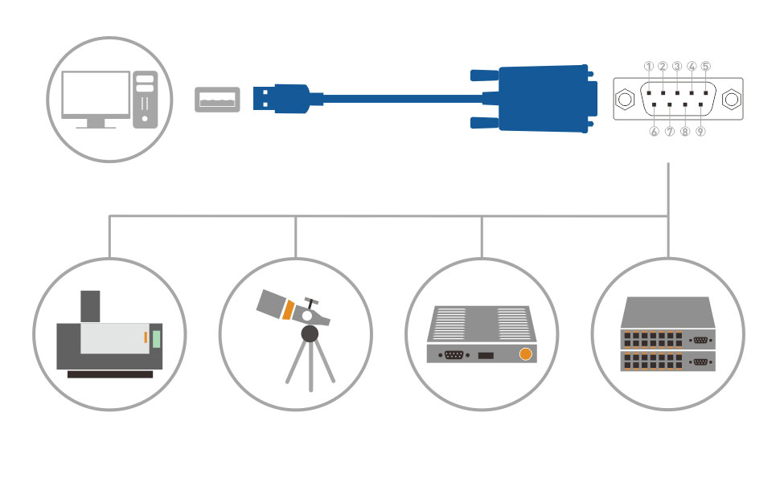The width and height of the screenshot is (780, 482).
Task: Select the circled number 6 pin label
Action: pos(654,132)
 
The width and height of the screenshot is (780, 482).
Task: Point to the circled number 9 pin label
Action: pos(700,132)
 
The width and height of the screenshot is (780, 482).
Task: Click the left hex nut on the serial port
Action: pos(624,100)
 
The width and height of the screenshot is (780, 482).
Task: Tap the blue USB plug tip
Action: pos(264,98)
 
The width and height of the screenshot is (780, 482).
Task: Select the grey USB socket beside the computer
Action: pos(217,100)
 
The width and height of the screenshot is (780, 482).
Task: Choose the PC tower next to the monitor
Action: pos(145,99)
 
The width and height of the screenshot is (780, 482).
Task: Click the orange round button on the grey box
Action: pos(527,353)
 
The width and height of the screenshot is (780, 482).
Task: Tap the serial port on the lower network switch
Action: pos(700,362)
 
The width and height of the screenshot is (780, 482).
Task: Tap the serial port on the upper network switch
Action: pos(700,339)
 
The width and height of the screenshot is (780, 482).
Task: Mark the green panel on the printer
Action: pos(157,337)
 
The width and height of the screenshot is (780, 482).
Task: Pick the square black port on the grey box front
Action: pos(485,354)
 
